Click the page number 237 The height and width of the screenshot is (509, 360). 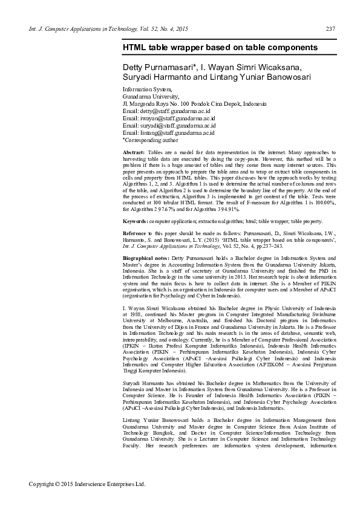tap(330, 29)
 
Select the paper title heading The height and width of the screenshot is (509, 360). tap(220, 47)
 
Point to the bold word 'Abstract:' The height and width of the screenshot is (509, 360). tap(134, 152)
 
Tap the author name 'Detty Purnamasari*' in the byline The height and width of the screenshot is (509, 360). tap(155, 65)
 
